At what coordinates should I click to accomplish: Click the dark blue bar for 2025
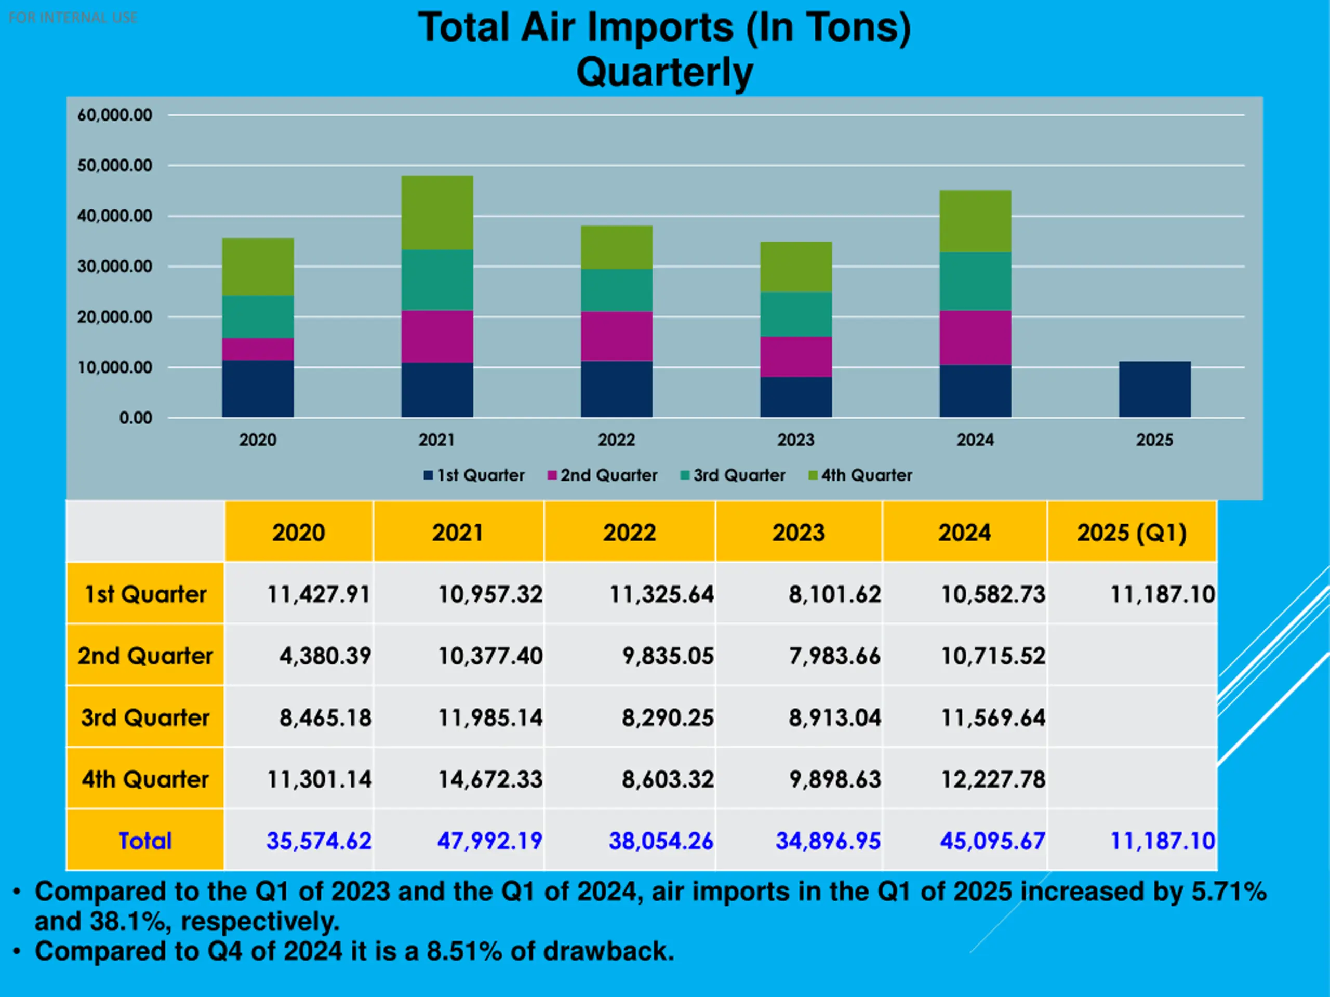[1154, 389]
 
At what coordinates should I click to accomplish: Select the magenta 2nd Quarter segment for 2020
[258, 349]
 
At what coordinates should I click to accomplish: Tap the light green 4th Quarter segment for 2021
[437, 212]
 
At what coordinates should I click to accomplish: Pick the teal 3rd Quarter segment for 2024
[975, 281]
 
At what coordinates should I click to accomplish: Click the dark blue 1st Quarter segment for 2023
[796, 397]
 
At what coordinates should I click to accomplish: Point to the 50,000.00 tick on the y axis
[115, 165]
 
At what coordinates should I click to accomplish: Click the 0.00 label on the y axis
[136, 418]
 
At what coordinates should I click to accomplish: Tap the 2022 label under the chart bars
[616, 440]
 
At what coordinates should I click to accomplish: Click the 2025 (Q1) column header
[1132, 533]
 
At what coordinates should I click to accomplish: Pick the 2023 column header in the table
[799, 533]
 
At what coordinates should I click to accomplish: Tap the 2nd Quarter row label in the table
[145, 656]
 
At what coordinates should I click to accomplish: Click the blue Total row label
[145, 841]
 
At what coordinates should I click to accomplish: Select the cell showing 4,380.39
[325, 656]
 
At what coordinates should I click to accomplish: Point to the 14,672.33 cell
[490, 779]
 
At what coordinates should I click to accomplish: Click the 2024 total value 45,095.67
[992, 841]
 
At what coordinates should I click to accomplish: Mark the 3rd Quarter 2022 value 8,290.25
[668, 717]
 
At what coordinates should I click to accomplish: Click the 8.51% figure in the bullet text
[464, 951]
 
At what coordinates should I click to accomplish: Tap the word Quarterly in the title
[664, 72]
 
